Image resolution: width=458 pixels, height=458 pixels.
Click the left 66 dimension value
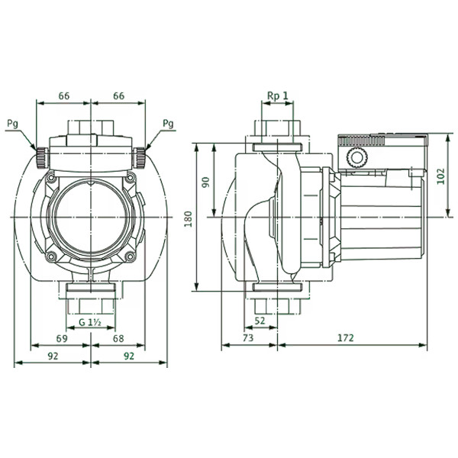pyautogui.click(x=64, y=96)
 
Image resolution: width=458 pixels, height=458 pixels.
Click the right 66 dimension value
pyautogui.click(x=119, y=96)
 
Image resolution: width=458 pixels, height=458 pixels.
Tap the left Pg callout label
pyautogui.click(x=12, y=124)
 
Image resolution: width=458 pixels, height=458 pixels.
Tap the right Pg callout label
pyautogui.click(x=168, y=124)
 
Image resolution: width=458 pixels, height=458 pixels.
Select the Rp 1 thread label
pyautogui.click(x=278, y=96)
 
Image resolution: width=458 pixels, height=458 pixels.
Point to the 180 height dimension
pyautogui.click(x=189, y=219)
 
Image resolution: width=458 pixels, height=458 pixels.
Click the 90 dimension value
pyautogui.click(x=206, y=182)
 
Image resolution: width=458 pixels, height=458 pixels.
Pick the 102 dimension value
pyautogui.click(x=440, y=176)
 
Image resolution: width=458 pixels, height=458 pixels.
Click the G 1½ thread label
pyautogui.click(x=90, y=322)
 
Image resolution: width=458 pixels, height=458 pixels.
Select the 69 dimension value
pyautogui.click(x=62, y=338)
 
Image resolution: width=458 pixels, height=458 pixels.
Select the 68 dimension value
pyautogui.click(x=118, y=338)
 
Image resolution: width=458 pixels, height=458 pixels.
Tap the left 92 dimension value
pyautogui.click(x=53, y=356)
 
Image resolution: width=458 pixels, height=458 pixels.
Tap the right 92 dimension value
pyautogui.click(x=129, y=356)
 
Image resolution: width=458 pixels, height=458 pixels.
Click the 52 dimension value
pyautogui.click(x=260, y=321)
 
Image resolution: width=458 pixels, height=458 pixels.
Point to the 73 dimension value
pyautogui.click(x=248, y=338)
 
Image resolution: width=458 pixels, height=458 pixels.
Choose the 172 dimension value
pyautogui.click(x=346, y=338)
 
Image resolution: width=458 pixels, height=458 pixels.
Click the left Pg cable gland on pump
pyautogui.click(x=42, y=158)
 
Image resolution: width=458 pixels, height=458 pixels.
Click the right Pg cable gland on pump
pyautogui.click(x=140, y=158)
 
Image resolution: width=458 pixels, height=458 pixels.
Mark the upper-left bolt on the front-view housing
pyautogui.click(x=51, y=177)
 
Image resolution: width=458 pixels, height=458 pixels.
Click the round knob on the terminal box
pyautogui.click(x=356, y=158)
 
